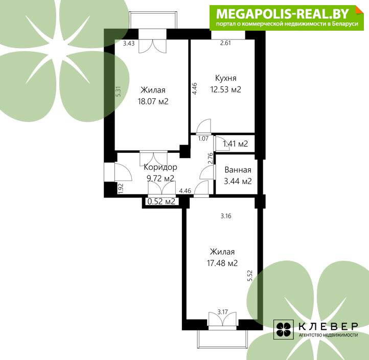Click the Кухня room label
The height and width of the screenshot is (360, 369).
click(226, 78)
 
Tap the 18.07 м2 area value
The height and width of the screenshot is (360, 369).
click(153, 101)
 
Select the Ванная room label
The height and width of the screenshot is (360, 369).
click(238, 170)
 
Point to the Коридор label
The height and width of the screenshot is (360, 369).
click(160, 167)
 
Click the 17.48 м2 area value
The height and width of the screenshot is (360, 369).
click(222, 263)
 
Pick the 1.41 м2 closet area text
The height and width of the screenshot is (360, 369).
click(235, 144)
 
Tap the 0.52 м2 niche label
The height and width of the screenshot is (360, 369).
click(161, 201)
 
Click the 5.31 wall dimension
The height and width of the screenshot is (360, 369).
click(119, 92)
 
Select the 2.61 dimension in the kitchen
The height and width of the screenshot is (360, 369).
click(225, 43)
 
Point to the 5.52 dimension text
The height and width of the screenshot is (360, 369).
click(250, 276)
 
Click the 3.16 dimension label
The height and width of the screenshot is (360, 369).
click(226, 216)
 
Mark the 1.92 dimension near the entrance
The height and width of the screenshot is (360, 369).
click(121, 188)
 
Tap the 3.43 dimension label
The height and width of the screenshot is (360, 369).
click(129, 43)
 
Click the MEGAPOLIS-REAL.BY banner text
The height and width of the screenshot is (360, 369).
click(283, 14)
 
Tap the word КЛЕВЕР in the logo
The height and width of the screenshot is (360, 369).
click(328, 326)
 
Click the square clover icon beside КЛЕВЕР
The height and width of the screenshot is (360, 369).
click(283, 329)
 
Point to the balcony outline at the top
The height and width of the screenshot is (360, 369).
click(153, 20)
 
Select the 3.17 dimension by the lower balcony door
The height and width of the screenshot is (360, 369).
click(222, 312)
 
